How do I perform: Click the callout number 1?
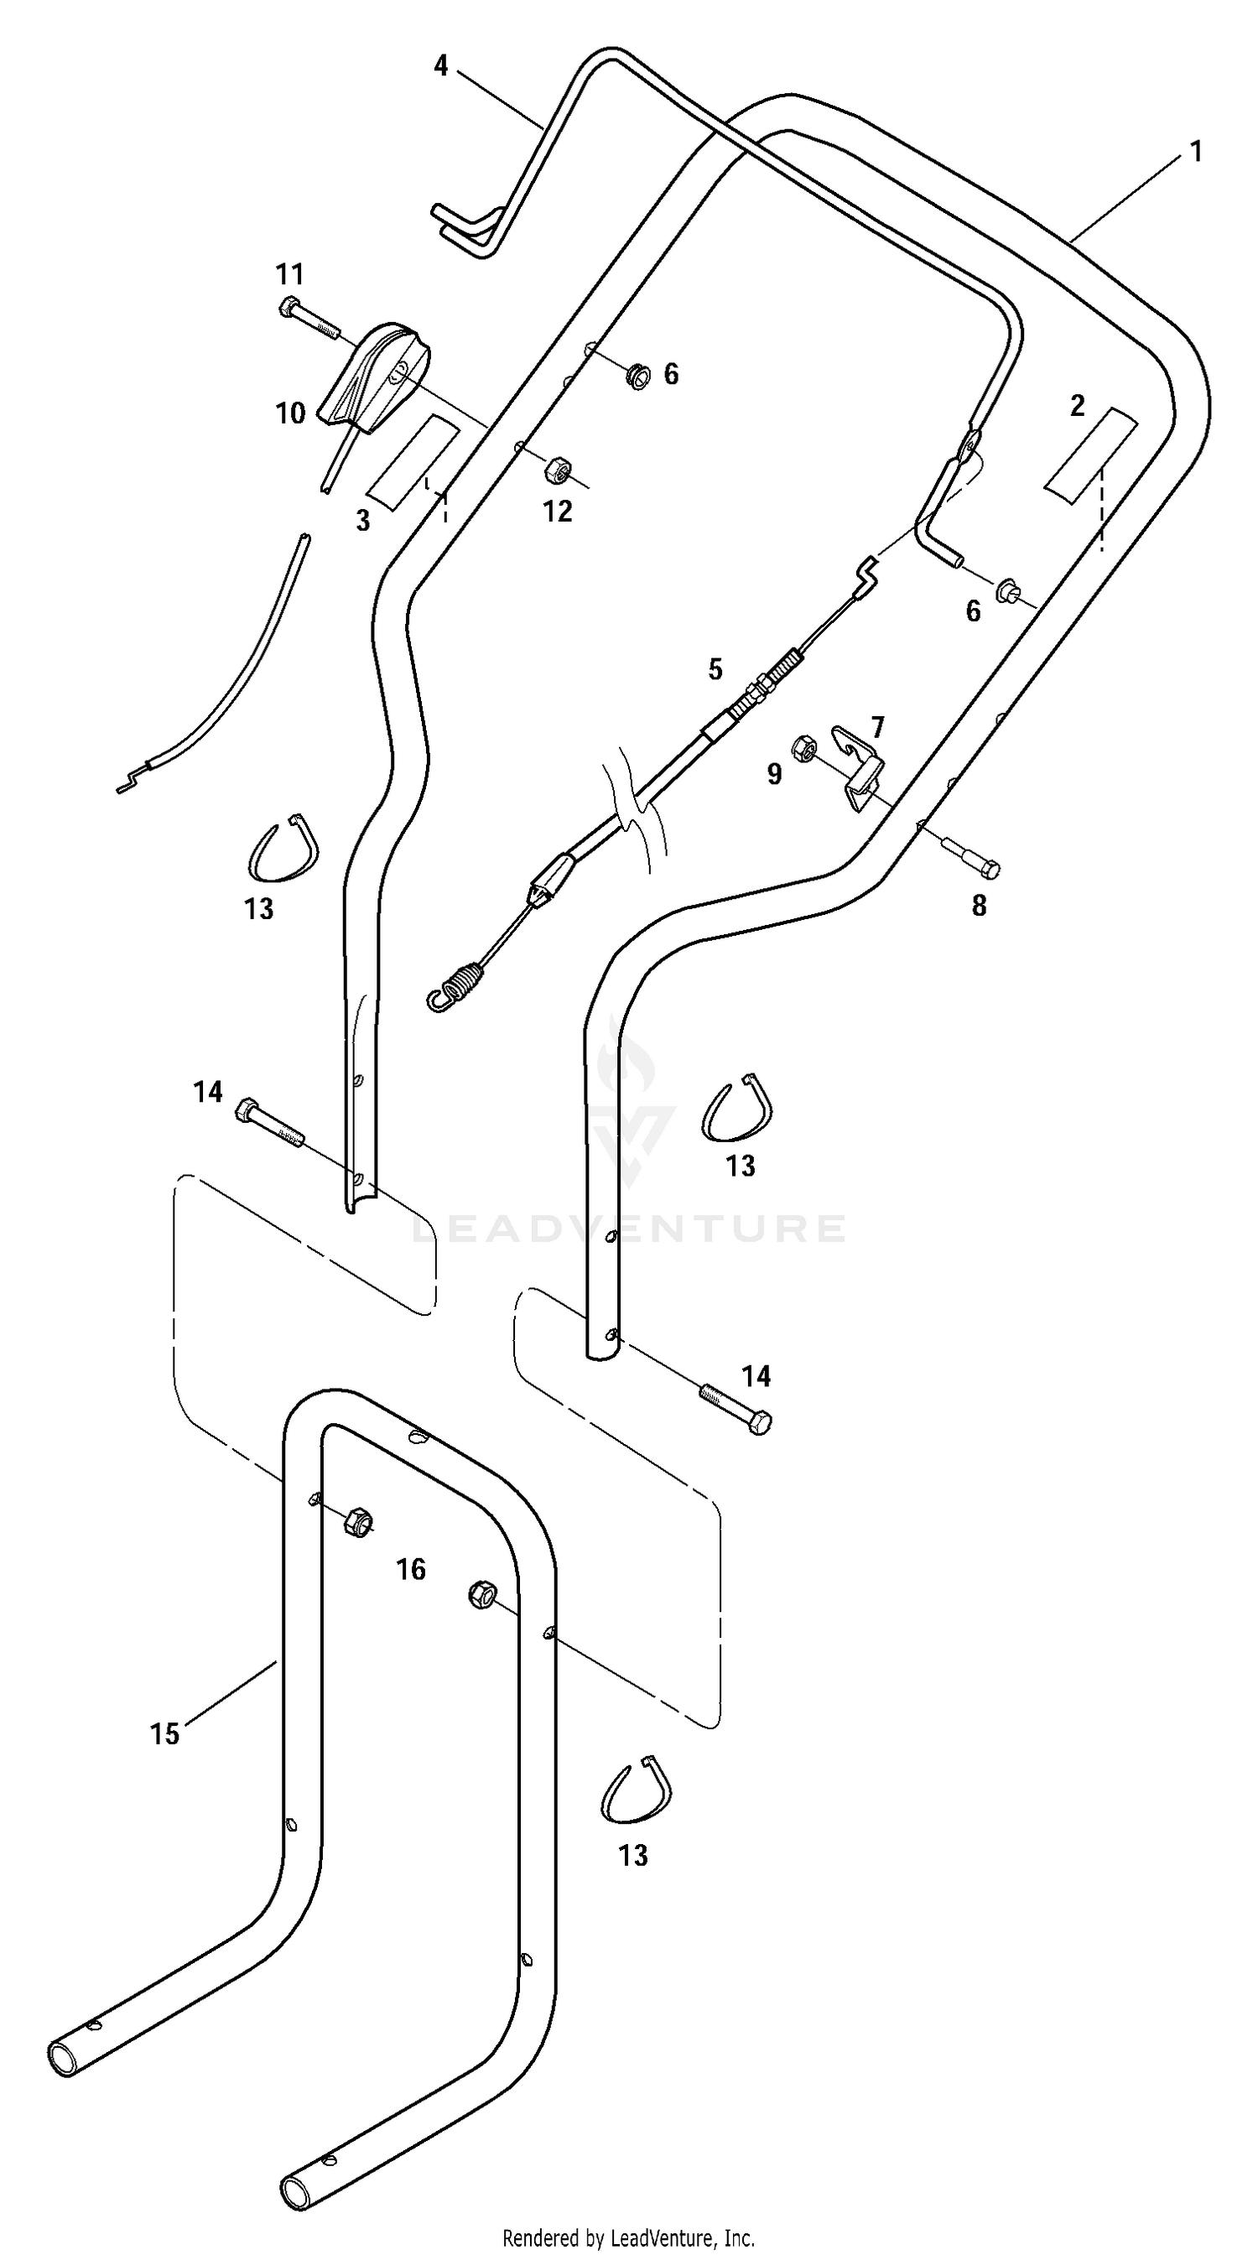1196,153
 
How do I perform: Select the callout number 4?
441,65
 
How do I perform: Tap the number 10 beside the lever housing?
291,413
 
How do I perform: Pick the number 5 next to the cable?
715,670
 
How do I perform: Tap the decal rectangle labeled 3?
413,462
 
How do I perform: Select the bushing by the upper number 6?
639,377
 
